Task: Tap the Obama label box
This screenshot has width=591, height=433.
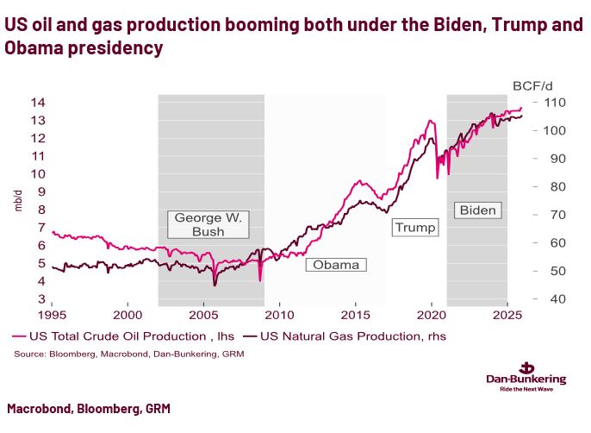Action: coord(335,265)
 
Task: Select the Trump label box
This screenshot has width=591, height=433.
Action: coord(414,227)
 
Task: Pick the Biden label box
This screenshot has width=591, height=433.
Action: coord(478,210)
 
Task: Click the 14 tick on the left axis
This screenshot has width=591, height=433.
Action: coord(37,103)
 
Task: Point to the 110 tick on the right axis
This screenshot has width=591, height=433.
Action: coord(553,103)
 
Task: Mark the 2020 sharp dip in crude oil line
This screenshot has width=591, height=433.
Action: coord(438,177)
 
